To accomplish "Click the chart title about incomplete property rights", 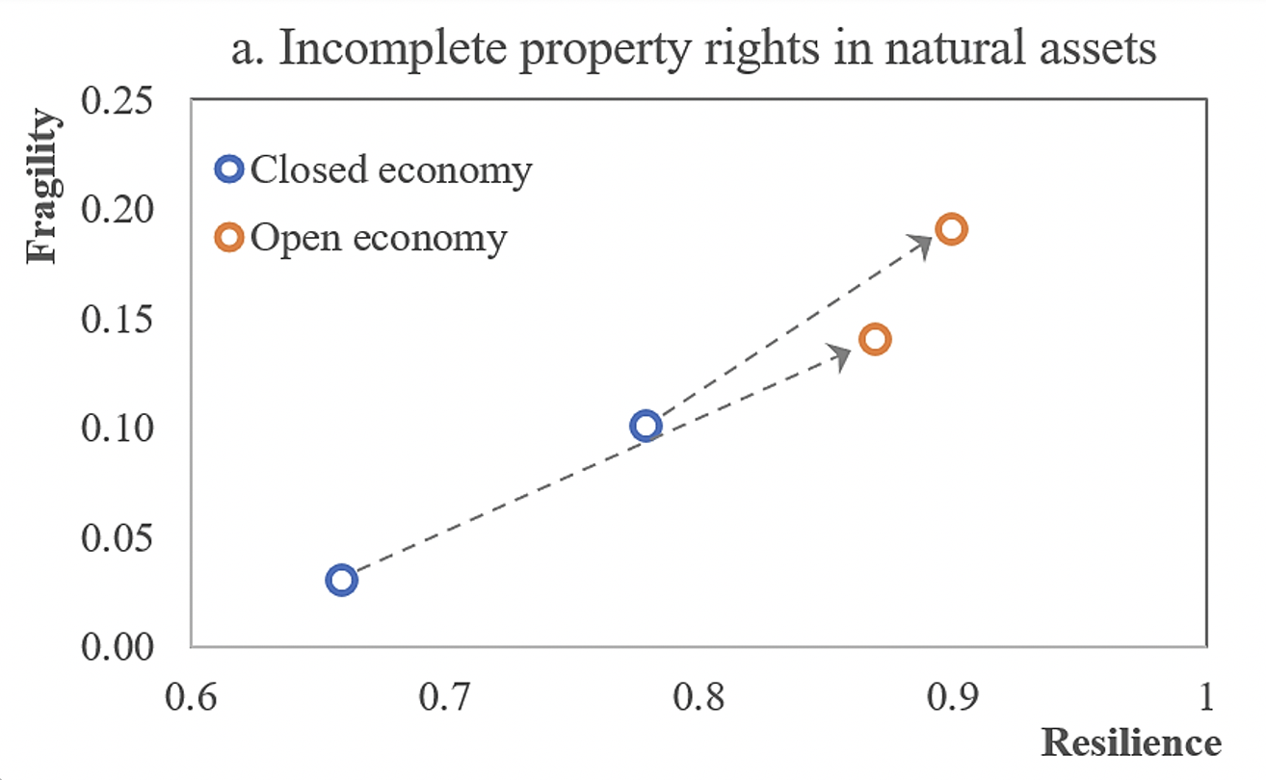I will tap(693, 46).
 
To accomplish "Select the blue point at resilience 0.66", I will tap(342, 580).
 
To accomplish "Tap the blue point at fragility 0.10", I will tap(646, 426).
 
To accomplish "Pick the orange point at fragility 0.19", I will tap(951, 229).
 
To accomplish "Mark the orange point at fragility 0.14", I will tap(875, 339).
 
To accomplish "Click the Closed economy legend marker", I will tap(228, 169).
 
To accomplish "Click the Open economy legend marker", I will tap(228, 237).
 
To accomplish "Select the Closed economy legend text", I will tap(390, 170).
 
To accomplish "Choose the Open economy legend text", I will tap(378, 238).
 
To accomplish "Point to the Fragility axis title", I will tap(43, 186).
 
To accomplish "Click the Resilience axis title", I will tap(1130, 742).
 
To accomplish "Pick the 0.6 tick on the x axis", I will tap(191, 694).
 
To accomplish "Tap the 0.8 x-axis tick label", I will tap(699, 694).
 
